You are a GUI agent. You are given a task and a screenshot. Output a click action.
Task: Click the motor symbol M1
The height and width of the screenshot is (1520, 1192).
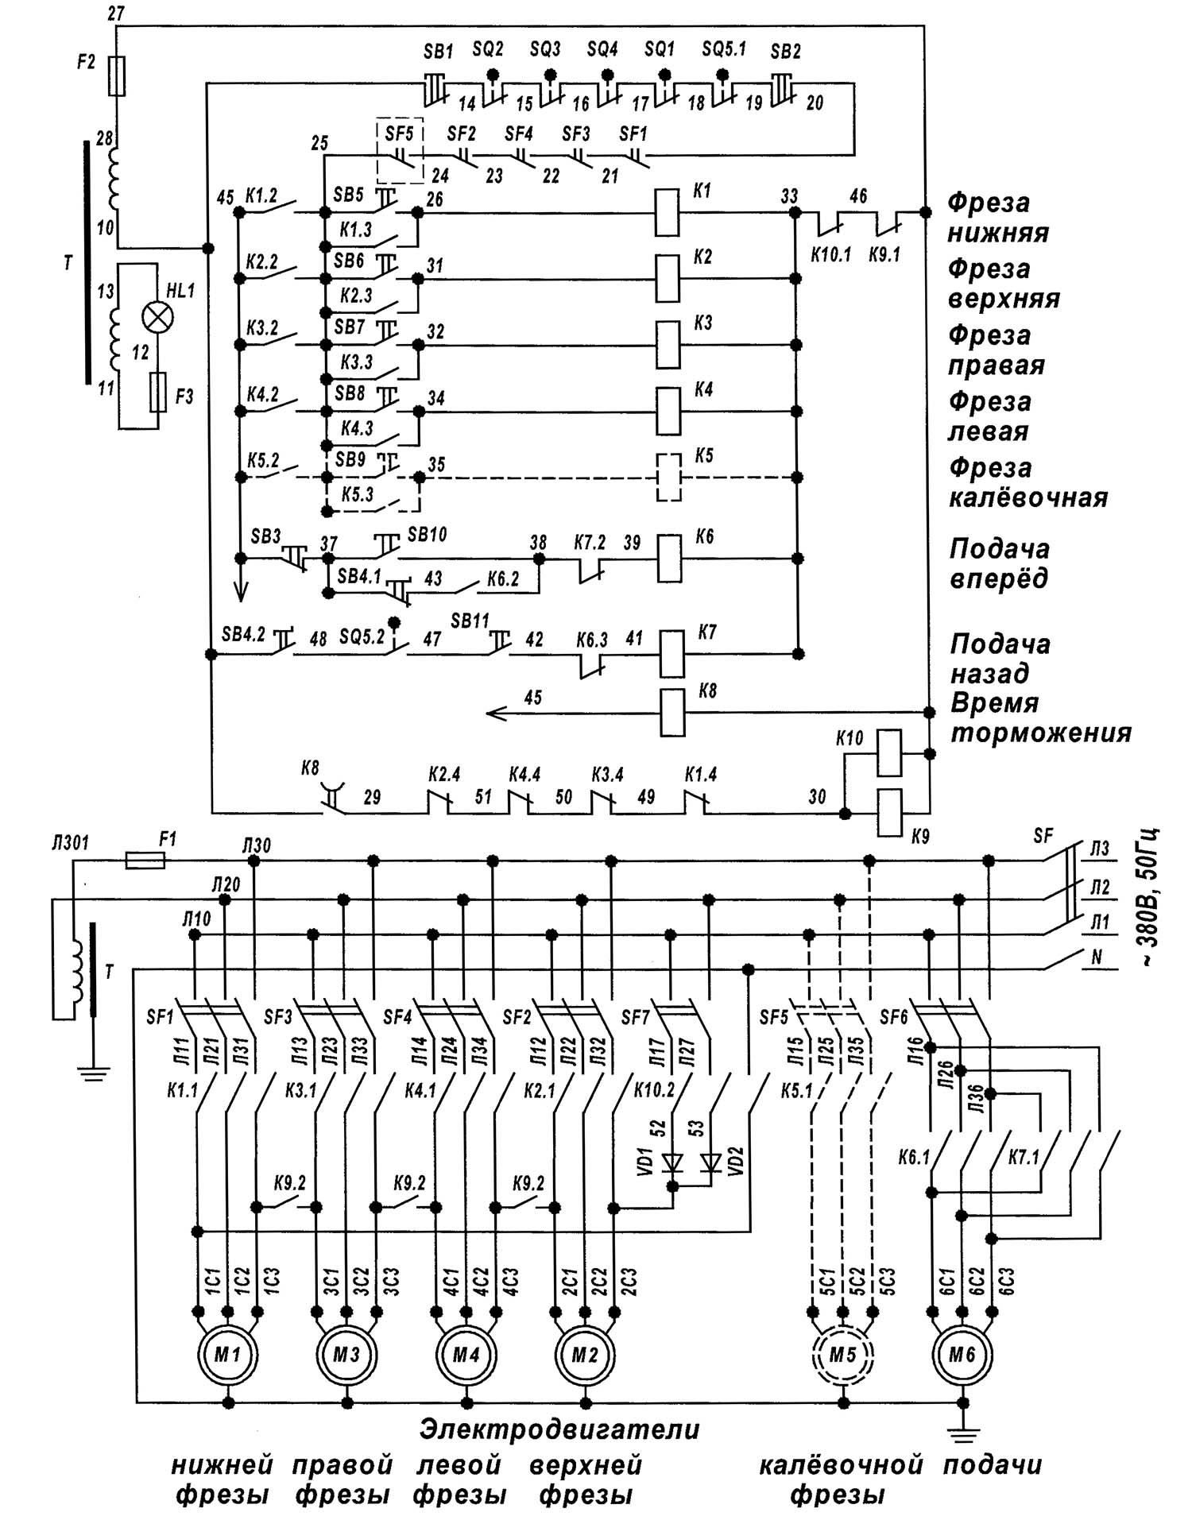tap(227, 1354)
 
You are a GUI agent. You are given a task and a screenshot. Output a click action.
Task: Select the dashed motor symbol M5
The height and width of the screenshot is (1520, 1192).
tap(842, 1354)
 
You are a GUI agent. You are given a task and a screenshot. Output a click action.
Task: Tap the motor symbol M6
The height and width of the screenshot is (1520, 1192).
tap(962, 1354)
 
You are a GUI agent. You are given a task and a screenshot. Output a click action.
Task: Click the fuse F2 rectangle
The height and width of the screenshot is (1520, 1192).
tap(117, 76)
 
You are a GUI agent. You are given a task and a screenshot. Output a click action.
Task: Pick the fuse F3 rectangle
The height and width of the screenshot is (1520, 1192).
tap(158, 393)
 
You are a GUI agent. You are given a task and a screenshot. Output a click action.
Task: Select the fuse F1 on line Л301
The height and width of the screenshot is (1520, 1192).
tap(145, 860)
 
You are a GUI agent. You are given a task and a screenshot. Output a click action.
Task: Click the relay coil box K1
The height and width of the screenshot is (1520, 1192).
tap(667, 212)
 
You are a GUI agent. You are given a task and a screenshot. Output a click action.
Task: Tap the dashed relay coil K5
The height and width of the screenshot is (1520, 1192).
tap(668, 478)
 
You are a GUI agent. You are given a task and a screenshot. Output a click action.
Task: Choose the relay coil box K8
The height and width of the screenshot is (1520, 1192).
tap(672, 713)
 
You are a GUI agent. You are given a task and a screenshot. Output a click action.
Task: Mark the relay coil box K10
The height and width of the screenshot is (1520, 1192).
tap(888, 753)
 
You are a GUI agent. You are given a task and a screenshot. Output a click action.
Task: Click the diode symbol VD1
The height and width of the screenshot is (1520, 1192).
tap(672, 1163)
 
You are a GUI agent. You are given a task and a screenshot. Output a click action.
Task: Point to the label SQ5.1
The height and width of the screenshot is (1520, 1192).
tap(724, 49)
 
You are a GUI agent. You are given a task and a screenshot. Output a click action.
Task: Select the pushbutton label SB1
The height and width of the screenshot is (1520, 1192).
tap(438, 52)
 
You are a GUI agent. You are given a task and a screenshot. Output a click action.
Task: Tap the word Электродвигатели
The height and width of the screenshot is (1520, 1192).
tap(559, 1429)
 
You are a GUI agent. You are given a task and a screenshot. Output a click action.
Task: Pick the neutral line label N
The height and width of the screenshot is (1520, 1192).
tap(1097, 957)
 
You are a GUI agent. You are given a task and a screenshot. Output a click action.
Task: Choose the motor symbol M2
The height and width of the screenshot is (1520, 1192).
tap(585, 1354)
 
